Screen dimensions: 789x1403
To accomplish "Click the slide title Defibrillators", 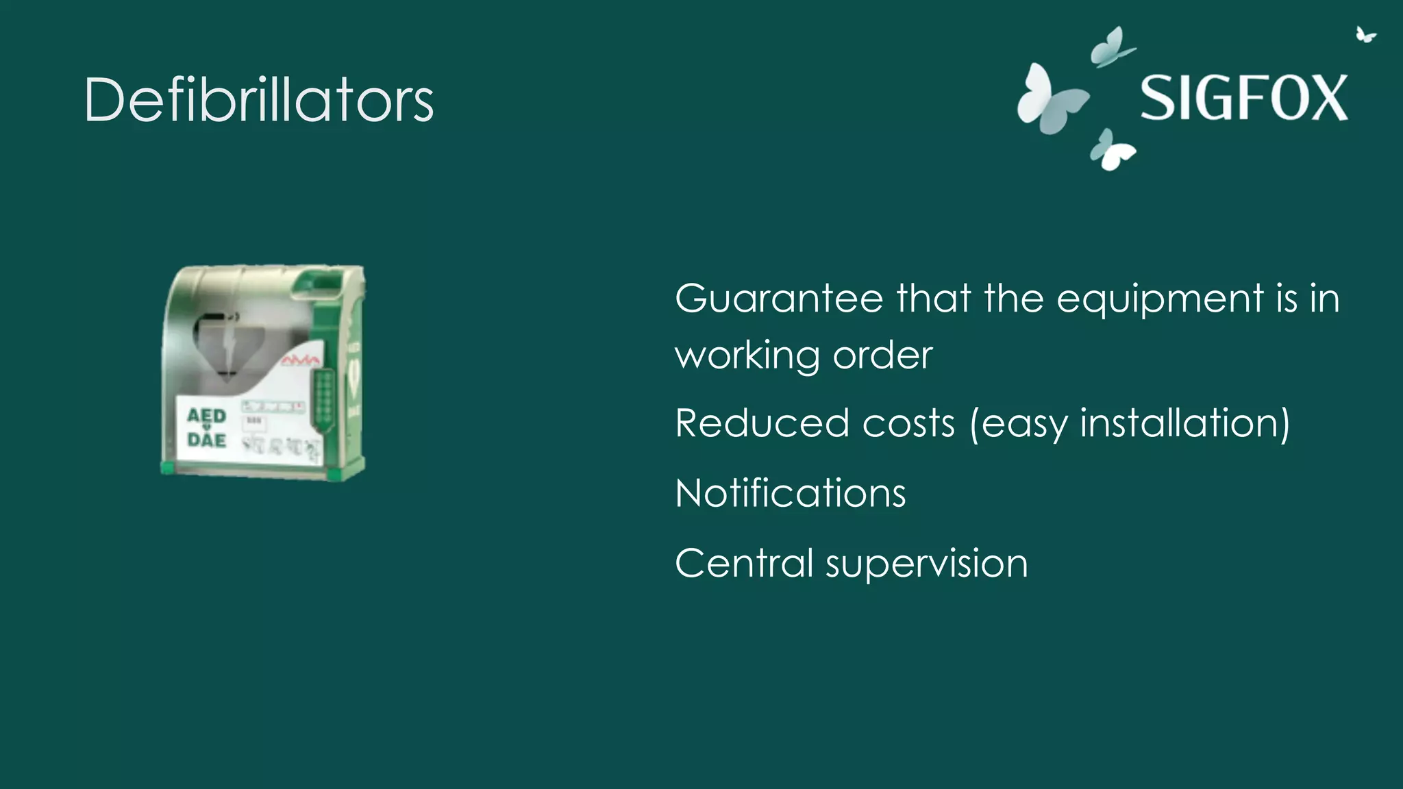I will click(258, 100).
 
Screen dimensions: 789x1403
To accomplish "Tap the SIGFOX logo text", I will click(1243, 98).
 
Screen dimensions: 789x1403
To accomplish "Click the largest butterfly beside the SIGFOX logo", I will click(1050, 100).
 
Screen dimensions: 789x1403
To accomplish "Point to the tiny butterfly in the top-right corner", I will click(1365, 34).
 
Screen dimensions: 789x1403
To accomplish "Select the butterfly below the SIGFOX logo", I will click(1111, 149).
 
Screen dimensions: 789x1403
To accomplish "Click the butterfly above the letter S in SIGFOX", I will click(1111, 47).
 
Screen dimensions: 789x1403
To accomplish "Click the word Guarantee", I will click(779, 299).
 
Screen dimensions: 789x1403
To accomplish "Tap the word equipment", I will click(1160, 300).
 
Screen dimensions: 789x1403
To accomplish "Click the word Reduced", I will click(762, 423).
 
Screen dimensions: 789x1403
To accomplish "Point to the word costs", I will click(908, 423).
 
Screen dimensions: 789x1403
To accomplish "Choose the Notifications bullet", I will click(790, 493).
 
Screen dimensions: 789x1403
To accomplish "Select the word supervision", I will click(926, 564).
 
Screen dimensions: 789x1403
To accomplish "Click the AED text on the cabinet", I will click(206, 416).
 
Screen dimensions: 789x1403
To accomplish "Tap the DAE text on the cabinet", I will click(206, 440).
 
